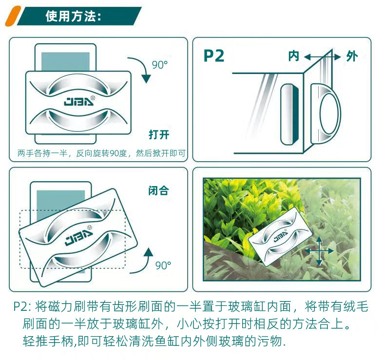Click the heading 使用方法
pos(73,16)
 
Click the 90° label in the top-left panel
pos(159,65)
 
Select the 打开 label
pos(159,134)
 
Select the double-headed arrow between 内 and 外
pos(322,57)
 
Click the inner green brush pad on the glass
pos(288,114)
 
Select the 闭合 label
pos(158,191)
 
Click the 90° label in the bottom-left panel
pos(163,265)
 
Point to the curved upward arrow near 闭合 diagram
pos(147,258)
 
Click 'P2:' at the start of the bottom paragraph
pos(22,307)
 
